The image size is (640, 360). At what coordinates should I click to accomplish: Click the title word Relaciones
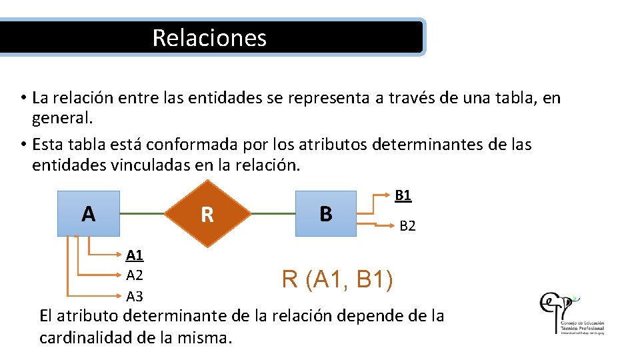209,37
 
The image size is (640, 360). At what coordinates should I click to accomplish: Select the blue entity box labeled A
88,214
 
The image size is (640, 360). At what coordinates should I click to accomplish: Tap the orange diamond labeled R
207,214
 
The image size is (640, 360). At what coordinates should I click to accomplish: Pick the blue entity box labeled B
326,214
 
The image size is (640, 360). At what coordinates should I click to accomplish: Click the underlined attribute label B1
403,195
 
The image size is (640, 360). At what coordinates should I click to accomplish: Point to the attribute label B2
407,226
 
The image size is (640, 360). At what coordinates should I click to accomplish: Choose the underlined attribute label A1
135,255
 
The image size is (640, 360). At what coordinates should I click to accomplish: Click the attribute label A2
135,275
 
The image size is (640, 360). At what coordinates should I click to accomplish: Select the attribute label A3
135,296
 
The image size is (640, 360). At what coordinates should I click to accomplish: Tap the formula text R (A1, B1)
337,279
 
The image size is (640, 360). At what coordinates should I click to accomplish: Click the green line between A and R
142,214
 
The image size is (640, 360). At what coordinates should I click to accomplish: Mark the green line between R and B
273,214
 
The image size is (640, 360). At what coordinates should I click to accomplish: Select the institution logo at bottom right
572,312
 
